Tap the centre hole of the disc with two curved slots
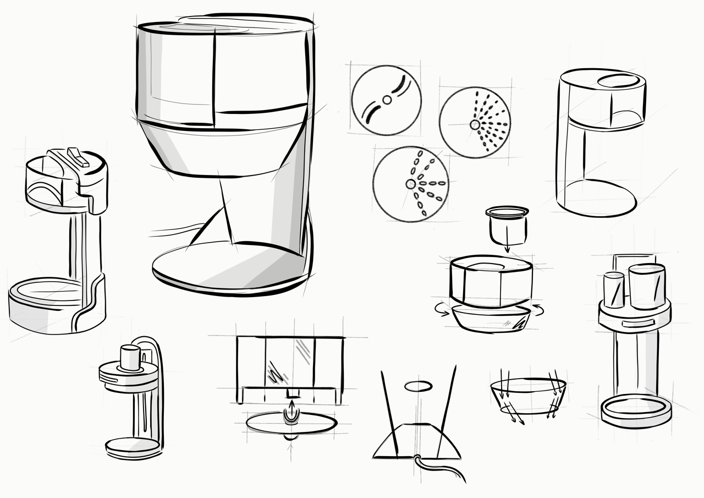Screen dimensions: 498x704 point(387,100)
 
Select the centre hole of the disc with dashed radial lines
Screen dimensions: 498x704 point(474,125)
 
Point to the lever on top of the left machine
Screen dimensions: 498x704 point(77,156)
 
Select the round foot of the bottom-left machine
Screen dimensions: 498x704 point(132,447)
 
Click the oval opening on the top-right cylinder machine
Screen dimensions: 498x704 point(620,81)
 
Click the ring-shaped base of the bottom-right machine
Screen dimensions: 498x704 point(636,409)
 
